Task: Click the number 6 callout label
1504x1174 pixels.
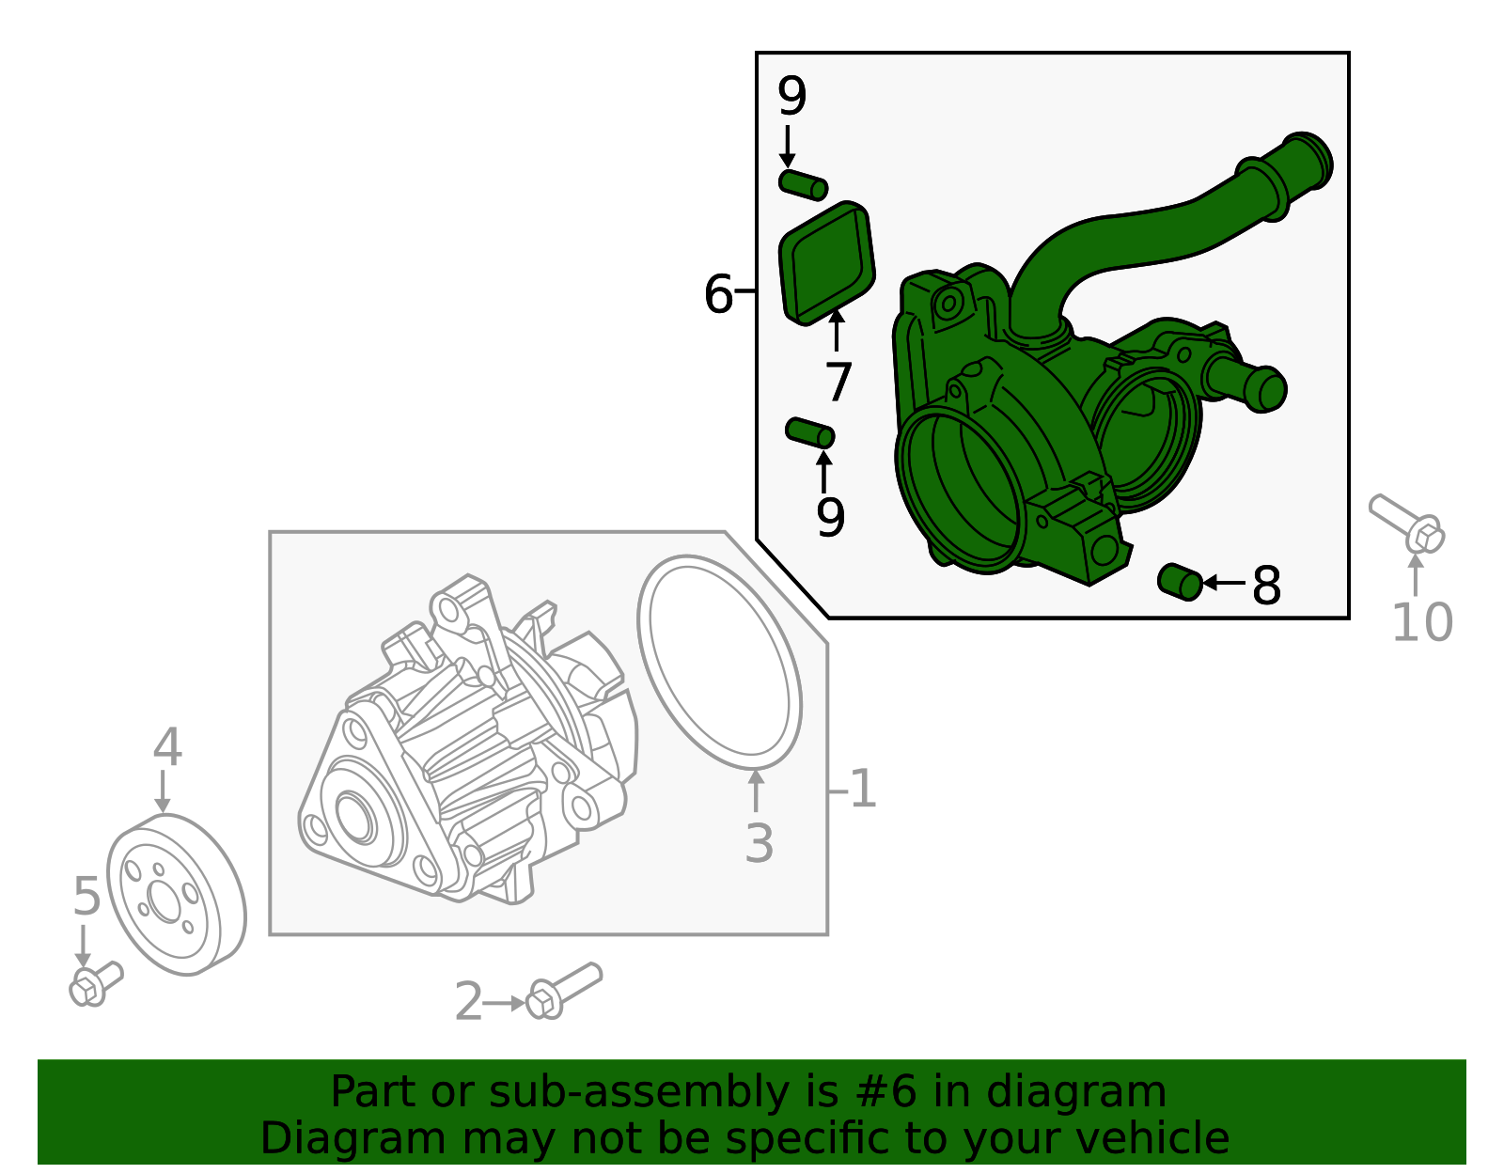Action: coord(718,294)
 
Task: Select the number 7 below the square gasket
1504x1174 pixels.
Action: coord(838,382)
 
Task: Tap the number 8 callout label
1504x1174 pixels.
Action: coord(1266,586)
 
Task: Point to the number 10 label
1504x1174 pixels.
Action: coord(1421,622)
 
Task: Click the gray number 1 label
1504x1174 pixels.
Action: coord(862,790)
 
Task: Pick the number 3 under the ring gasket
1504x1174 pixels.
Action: coord(759,843)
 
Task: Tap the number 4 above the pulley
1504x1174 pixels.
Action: coord(167,747)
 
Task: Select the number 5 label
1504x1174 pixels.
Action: coord(86,897)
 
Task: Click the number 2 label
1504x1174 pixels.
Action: coord(468,1002)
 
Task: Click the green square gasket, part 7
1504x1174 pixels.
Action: coord(827,262)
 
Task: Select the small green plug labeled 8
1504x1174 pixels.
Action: coord(1181,581)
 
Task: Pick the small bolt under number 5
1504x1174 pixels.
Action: coord(95,983)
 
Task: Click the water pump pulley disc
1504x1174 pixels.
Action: coord(176,896)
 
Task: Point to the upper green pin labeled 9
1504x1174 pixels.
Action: coord(803,184)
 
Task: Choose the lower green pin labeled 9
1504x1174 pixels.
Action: coord(809,433)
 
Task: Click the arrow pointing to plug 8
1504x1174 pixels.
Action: coord(1223,584)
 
